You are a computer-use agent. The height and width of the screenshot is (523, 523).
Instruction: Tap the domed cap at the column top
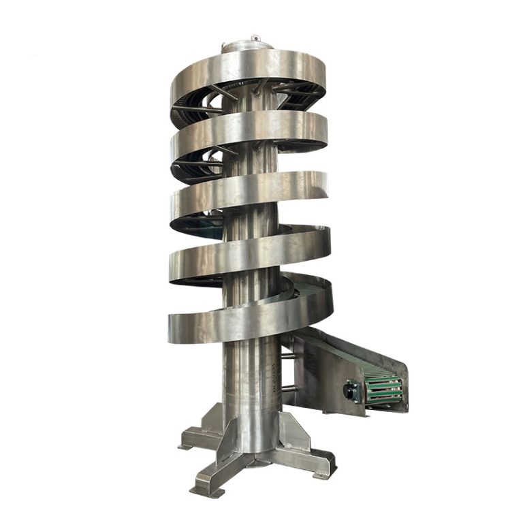coord(247,47)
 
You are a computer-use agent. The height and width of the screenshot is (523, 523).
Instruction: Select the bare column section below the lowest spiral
coord(249,381)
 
